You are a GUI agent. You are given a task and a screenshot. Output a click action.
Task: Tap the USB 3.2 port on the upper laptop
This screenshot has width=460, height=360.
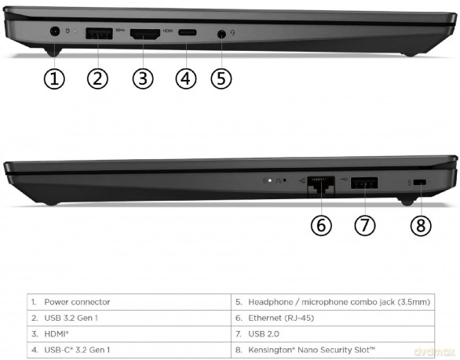(x=99, y=34)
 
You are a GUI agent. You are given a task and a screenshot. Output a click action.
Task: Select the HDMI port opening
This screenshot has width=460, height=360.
(x=145, y=35)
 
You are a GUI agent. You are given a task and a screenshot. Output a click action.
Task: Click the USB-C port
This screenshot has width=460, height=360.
(x=188, y=32)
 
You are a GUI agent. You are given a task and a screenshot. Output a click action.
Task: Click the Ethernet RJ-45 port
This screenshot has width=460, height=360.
(x=321, y=184)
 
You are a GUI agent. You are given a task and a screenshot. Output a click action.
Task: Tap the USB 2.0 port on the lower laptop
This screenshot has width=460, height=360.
(x=364, y=183)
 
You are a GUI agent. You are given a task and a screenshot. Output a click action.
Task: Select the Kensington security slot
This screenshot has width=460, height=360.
(x=419, y=182)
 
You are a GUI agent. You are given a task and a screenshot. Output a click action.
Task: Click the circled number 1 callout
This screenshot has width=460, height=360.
(x=54, y=78)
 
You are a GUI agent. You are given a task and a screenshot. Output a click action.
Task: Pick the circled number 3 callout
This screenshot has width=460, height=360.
(x=143, y=78)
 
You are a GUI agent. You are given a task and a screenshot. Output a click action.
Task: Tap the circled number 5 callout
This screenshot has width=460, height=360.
(x=221, y=78)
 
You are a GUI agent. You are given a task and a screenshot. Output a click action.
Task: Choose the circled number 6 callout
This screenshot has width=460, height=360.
(x=321, y=225)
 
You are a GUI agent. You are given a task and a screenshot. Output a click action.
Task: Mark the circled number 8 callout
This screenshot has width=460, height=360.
(x=421, y=225)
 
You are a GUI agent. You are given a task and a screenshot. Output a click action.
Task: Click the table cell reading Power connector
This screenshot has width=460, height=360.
(x=77, y=302)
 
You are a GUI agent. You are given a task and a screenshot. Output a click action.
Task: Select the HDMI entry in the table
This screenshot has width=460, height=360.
(x=57, y=334)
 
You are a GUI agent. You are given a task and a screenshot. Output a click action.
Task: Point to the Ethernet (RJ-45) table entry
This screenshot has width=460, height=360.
(x=281, y=318)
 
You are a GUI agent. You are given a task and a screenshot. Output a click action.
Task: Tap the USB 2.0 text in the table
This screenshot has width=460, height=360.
(x=264, y=334)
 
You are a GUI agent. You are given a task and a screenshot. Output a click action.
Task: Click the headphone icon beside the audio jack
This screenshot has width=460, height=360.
(x=232, y=32)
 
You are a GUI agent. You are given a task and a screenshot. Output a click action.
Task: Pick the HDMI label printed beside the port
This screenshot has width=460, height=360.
(x=168, y=31)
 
